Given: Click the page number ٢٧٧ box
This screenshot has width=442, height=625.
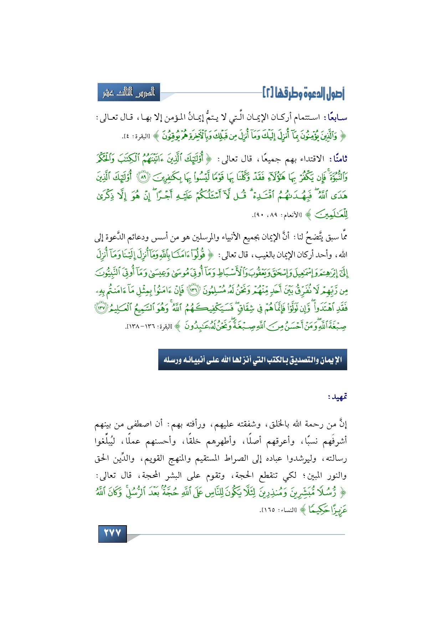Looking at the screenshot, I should [112, 533].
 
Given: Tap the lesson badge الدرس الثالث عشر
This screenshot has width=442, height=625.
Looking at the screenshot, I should [129, 93].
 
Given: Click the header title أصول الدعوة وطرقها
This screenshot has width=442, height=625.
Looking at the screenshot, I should [303, 93].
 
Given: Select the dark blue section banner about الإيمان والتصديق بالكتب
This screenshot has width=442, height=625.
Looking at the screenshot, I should [252, 360].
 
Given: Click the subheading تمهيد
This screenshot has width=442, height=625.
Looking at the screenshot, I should [338, 397].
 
